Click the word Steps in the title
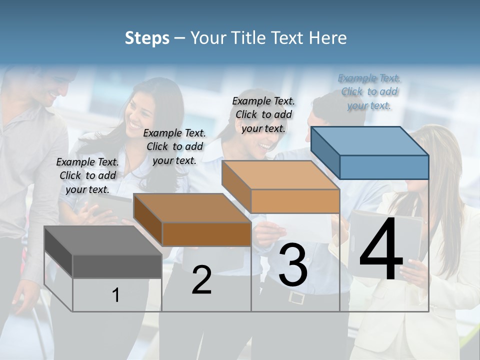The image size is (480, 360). click(147, 38)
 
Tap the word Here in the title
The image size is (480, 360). click(327, 38)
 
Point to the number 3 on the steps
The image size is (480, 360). click(293, 265)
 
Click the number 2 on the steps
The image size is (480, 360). click(201, 280)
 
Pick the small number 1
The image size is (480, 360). click(116, 295)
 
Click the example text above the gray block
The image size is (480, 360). click(87, 175)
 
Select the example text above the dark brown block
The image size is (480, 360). click(174, 146)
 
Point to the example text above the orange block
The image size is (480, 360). click(263, 114)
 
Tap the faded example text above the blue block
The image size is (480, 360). click(369, 91)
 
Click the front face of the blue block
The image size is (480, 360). click(384, 167)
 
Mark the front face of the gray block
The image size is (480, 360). click(117, 266)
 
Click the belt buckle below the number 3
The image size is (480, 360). click(296, 298)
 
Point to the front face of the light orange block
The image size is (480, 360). click(295, 201)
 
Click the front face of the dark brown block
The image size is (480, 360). click(206, 234)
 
